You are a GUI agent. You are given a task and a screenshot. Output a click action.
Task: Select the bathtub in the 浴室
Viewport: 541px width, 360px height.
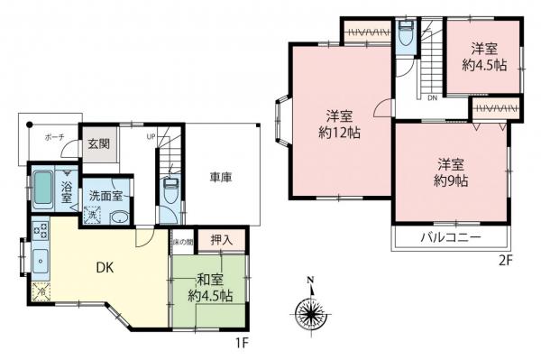pos(44,190)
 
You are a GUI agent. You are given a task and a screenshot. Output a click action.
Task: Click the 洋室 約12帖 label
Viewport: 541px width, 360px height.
pos(339,124)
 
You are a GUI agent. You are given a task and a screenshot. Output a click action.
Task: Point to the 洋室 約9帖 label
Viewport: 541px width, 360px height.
pos(452,172)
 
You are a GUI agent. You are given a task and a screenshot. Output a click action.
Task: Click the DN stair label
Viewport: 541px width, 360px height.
pos(432,97)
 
